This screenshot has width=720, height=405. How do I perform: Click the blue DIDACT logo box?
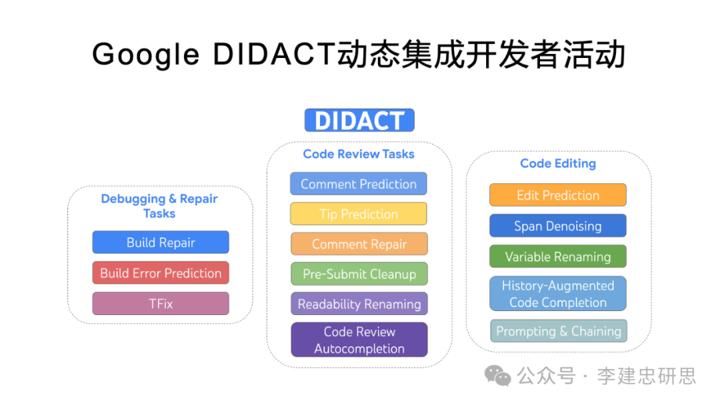[x=359, y=121]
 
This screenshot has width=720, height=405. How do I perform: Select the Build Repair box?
[x=161, y=242]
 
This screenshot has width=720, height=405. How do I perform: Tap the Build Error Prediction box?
[x=161, y=273]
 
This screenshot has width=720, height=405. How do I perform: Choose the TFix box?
[x=161, y=304]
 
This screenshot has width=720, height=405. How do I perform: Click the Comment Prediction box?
[x=359, y=184]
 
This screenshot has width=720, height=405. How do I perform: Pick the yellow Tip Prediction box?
[x=359, y=214]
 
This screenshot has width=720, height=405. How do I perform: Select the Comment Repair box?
[x=359, y=244]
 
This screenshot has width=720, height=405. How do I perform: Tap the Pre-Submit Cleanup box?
[x=359, y=274]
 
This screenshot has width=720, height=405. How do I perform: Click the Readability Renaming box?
[x=359, y=304]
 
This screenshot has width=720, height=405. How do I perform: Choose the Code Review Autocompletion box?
[x=359, y=340]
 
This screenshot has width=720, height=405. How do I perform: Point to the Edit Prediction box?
[x=558, y=195]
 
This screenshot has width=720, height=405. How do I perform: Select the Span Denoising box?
[x=558, y=226]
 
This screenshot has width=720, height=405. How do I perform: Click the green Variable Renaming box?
[x=558, y=256]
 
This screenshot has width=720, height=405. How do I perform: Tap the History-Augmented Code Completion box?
[x=558, y=294]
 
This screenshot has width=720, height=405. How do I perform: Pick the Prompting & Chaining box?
[x=559, y=331]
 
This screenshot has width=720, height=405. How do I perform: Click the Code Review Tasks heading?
[x=359, y=154]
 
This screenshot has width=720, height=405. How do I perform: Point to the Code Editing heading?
[x=558, y=163]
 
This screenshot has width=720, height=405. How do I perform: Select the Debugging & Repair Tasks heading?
[x=159, y=206]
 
